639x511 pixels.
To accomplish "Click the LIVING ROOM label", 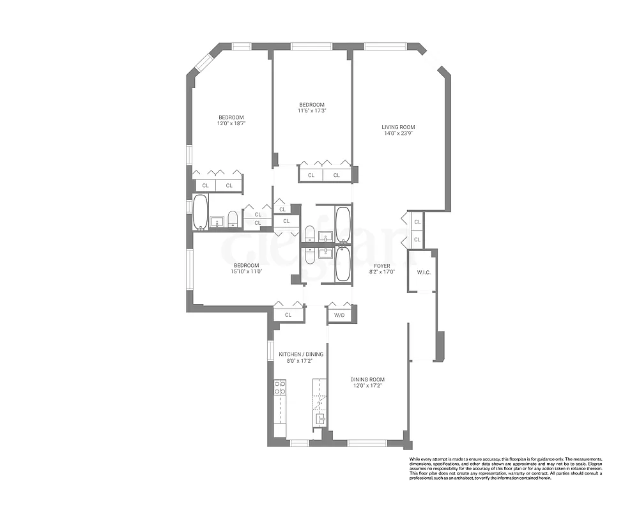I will coord(399,127).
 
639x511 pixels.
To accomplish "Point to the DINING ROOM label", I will coord(367,379).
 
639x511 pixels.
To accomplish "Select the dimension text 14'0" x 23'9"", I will coord(399,134).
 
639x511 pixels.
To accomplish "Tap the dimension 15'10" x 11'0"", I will coord(246,271).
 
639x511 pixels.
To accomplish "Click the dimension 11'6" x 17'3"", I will coord(312,111).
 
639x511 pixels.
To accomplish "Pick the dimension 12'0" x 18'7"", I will coord(231,123).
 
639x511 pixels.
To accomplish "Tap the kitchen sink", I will coord(319,419).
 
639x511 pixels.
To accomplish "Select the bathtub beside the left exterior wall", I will coord(201,212).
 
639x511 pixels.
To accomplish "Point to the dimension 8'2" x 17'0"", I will coord(382,272).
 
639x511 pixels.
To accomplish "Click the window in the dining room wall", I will coord(367,442).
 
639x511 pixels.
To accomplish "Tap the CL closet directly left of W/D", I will coord(288,314).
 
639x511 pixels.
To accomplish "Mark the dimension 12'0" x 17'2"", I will coord(367,386).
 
